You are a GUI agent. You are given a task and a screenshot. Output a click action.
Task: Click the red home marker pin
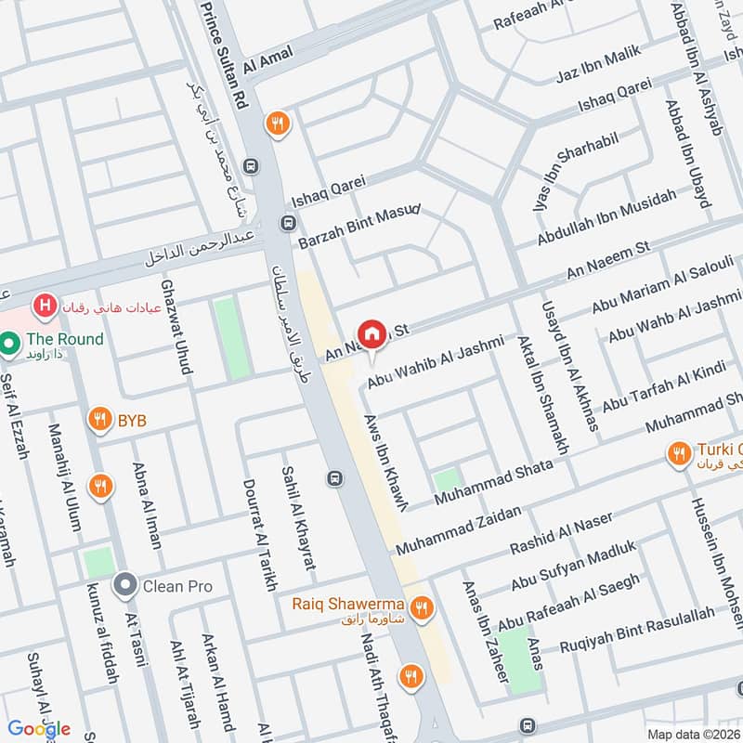371,333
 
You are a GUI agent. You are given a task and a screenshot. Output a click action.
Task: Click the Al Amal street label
267,61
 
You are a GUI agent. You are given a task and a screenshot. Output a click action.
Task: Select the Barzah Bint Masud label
359,227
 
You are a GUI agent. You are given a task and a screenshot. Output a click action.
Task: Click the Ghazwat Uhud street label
176,327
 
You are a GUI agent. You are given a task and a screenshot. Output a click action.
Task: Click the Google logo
40,728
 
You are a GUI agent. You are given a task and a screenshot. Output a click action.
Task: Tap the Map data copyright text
694,734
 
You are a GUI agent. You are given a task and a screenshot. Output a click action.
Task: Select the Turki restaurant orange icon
680,454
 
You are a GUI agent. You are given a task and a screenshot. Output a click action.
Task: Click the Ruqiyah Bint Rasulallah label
637,630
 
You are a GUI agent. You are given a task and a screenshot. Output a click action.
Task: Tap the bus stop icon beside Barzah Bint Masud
288,224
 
